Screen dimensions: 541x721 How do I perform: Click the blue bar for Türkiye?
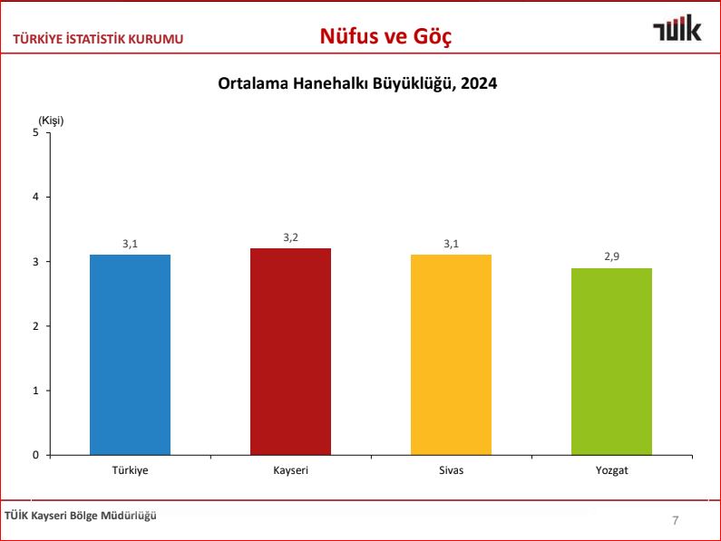130,354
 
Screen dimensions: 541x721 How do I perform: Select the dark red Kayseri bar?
290,352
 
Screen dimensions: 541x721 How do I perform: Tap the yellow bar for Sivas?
451,354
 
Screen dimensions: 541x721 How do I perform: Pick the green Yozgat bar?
611,362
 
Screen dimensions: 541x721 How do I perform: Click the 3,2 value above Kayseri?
290,237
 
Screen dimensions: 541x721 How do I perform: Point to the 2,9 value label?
611,257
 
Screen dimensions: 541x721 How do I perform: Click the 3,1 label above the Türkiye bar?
130,244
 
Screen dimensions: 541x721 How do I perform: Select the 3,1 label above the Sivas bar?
451,244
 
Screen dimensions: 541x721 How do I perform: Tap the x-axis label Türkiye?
130,471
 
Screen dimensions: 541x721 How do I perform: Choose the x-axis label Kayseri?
290,471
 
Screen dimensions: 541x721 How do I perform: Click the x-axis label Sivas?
451,471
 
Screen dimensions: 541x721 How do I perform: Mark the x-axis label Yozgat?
611,471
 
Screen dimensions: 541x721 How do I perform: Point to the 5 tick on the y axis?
36,132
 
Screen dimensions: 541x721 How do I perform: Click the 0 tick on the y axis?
36,455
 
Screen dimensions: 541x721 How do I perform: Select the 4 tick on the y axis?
36,197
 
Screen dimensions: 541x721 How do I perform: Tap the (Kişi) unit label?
51,120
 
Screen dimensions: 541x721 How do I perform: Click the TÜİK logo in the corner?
677,30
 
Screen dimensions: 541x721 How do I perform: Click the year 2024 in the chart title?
480,83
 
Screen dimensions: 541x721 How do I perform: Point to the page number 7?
675,520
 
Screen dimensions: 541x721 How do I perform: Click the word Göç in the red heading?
432,36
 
